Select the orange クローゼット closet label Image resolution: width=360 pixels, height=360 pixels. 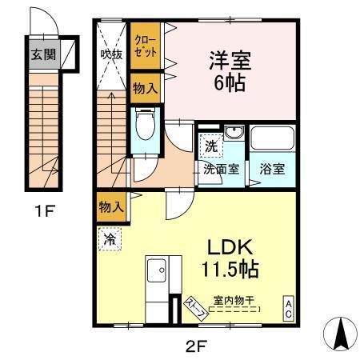(146, 45)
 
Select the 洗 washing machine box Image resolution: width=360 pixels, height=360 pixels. (208, 147)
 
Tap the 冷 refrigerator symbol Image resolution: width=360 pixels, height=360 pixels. (109, 238)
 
